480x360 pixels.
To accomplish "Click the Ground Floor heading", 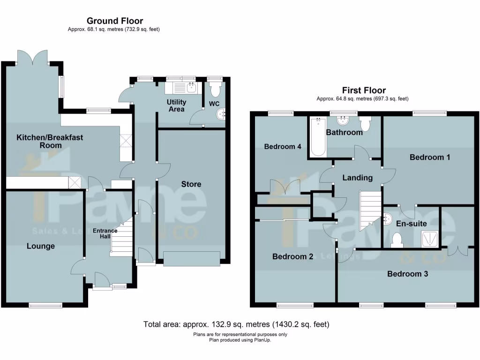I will [x=115, y=21].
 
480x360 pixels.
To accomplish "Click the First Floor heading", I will [x=364, y=90].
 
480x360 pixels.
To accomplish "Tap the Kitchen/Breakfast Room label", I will [x=50, y=141].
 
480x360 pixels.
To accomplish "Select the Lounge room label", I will [x=40, y=246].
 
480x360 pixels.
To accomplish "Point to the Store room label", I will [x=191, y=184].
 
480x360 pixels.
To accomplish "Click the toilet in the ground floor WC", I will [x=215, y=89].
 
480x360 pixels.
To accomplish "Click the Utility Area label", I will [x=177, y=105].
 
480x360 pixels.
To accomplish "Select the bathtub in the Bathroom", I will [x=317, y=138].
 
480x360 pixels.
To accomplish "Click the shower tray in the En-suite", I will [x=429, y=239].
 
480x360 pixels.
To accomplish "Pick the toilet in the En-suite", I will [x=397, y=240].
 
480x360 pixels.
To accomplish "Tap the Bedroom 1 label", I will [x=429, y=157].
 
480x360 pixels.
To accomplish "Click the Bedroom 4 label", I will [x=282, y=147].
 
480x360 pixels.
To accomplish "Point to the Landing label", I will [x=358, y=178].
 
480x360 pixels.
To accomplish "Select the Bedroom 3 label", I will [x=407, y=274].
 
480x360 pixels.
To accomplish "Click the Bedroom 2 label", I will [x=292, y=256].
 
